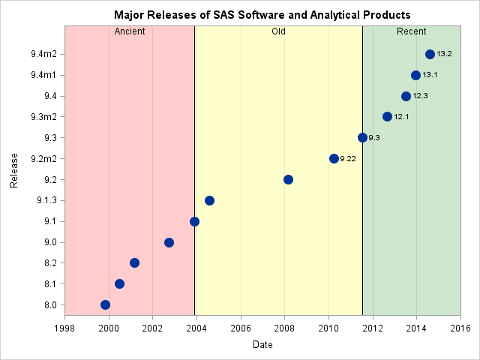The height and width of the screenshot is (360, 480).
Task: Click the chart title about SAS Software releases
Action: click(x=262, y=15)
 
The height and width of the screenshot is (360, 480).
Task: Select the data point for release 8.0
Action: click(x=105, y=304)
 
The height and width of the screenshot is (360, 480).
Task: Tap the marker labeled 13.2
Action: click(x=430, y=54)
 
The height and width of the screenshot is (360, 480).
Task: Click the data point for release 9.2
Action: click(x=288, y=179)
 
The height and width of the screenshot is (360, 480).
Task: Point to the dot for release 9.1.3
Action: click(x=209, y=200)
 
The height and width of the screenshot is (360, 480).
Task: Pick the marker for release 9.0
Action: click(x=169, y=242)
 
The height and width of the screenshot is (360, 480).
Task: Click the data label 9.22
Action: click(x=348, y=159)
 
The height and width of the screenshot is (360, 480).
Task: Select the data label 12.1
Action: click(x=401, y=117)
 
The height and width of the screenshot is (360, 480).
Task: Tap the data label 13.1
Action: click(x=430, y=75)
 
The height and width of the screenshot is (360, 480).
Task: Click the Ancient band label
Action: click(x=130, y=31)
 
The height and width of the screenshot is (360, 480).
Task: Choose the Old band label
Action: click(x=278, y=31)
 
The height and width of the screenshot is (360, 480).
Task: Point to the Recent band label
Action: click(x=412, y=31)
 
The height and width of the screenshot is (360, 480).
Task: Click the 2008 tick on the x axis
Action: click(x=284, y=328)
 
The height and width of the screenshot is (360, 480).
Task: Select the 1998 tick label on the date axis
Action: click(x=64, y=328)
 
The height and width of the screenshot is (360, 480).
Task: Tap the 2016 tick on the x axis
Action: click(x=460, y=328)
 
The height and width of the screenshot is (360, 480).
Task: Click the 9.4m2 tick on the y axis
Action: click(x=43, y=54)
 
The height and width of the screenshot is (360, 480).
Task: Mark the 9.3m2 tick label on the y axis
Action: click(x=43, y=117)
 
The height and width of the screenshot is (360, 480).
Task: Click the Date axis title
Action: click(x=262, y=345)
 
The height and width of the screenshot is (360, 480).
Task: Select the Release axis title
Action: click(x=14, y=169)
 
